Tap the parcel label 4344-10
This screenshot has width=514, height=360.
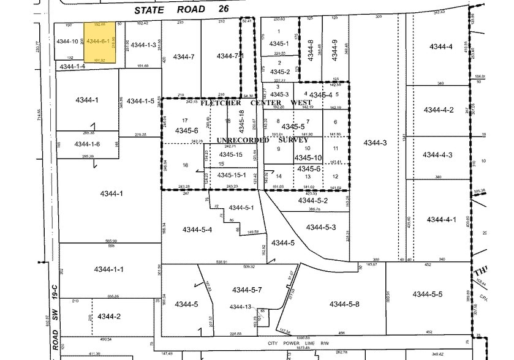click(x=67, y=42)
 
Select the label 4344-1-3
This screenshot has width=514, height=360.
click(x=143, y=45)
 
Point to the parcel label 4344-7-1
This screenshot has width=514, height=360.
click(x=230, y=56)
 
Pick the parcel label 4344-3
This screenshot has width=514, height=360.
click(x=375, y=143)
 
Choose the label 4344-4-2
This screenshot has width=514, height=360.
click(x=441, y=110)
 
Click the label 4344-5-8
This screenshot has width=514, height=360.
click(x=344, y=304)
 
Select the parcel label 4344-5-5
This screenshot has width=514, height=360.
click(x=428, y=294)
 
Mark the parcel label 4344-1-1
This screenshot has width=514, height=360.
click(x=109, y=269)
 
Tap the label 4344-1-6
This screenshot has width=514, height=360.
click(x=88, y=144)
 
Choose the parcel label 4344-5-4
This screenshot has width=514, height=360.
click(x=197, y=230)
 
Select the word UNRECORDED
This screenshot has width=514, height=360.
click(x=243, y=140)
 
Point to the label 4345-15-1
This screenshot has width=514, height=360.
click(x=233, y=175)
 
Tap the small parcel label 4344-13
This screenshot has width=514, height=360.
click(x=241, y=307)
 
